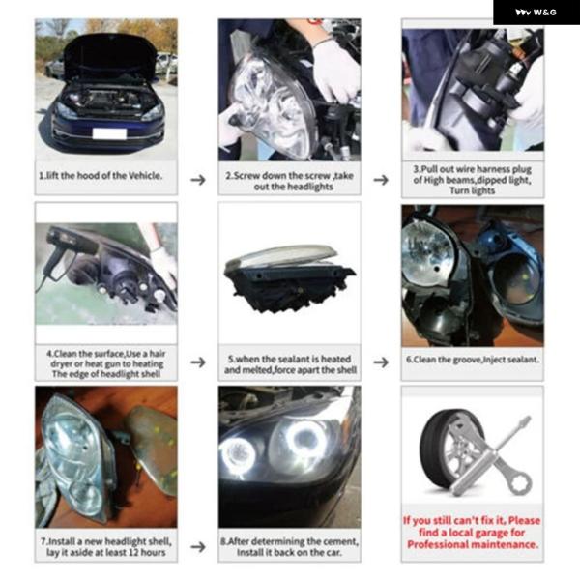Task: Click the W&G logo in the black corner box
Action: tap(536, 13)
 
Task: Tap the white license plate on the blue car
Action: tap(109, 133)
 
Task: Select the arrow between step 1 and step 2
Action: tap(198, 180)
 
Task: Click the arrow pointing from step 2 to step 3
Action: tap(381, 180)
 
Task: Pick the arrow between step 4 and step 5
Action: tap(198, 362)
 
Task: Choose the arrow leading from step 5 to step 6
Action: tap(381, 362)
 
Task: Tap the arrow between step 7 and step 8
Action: tap(198, 547)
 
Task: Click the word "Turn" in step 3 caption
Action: tap(457, 190)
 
